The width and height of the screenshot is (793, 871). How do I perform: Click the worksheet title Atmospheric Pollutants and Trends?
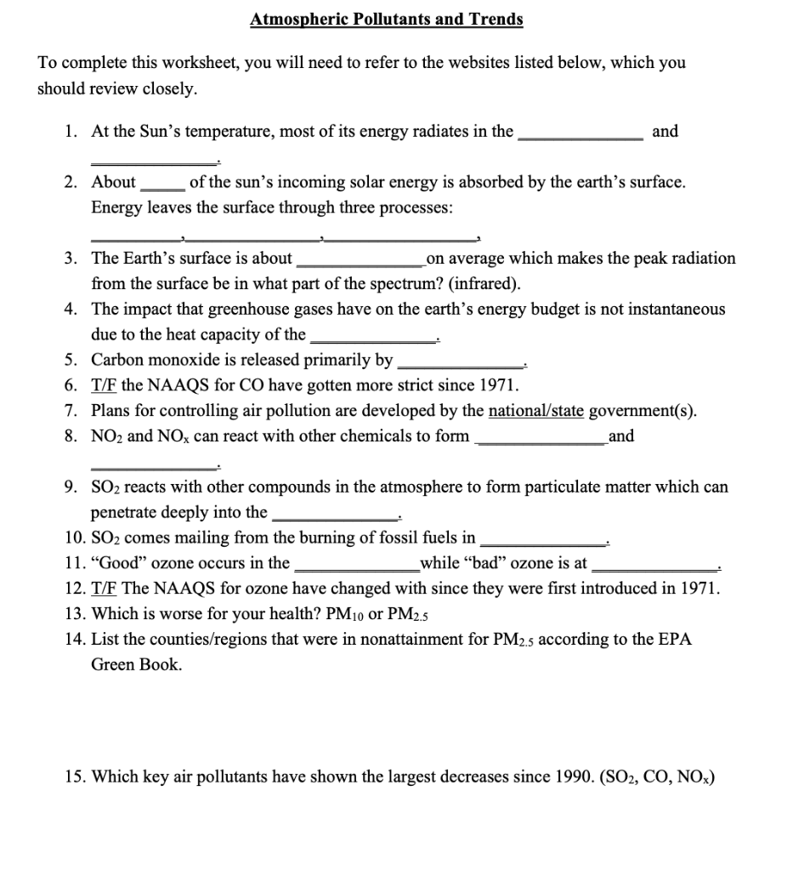coord(387,19)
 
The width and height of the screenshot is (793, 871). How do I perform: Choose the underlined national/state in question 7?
coord(535,411)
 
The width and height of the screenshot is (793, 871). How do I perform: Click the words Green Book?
coord(136,665)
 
